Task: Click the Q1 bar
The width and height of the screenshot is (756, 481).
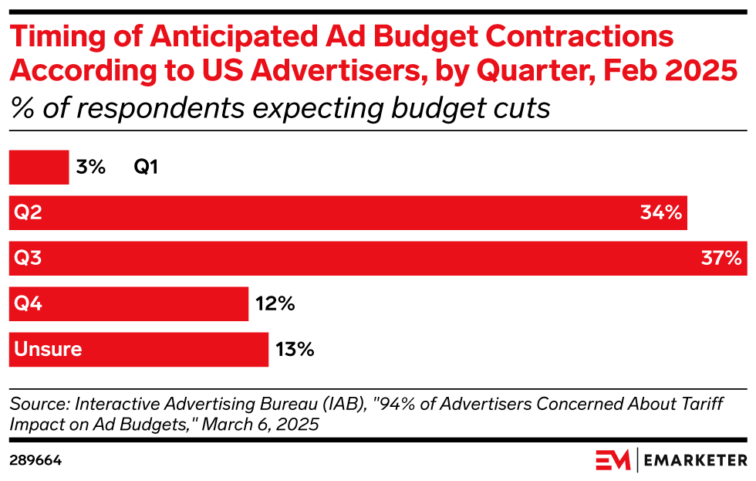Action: click(x=39, y=167)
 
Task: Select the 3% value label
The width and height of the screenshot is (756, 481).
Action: click(x=91, y=167)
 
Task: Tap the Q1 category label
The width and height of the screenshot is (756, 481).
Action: click(x=146, y=167)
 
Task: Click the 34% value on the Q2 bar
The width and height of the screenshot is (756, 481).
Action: click(x=660, y=212)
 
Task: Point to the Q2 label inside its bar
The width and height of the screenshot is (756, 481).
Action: click(x=28, y=212)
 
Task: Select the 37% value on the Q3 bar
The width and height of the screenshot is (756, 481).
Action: click(x=721, y=258)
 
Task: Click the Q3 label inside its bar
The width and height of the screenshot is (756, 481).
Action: click(x=28, y=258)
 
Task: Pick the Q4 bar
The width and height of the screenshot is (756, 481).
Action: click(x=128, y=303)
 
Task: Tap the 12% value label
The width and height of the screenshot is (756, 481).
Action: click(x=275, y=303)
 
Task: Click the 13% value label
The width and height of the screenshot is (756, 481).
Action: click(x=294, y=349)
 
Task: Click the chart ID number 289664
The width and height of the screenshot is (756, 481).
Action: click(x=35, y=460)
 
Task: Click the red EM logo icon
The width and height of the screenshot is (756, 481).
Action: click(x=613, y=460)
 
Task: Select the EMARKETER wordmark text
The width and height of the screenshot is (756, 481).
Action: click(x=696, y=461)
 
